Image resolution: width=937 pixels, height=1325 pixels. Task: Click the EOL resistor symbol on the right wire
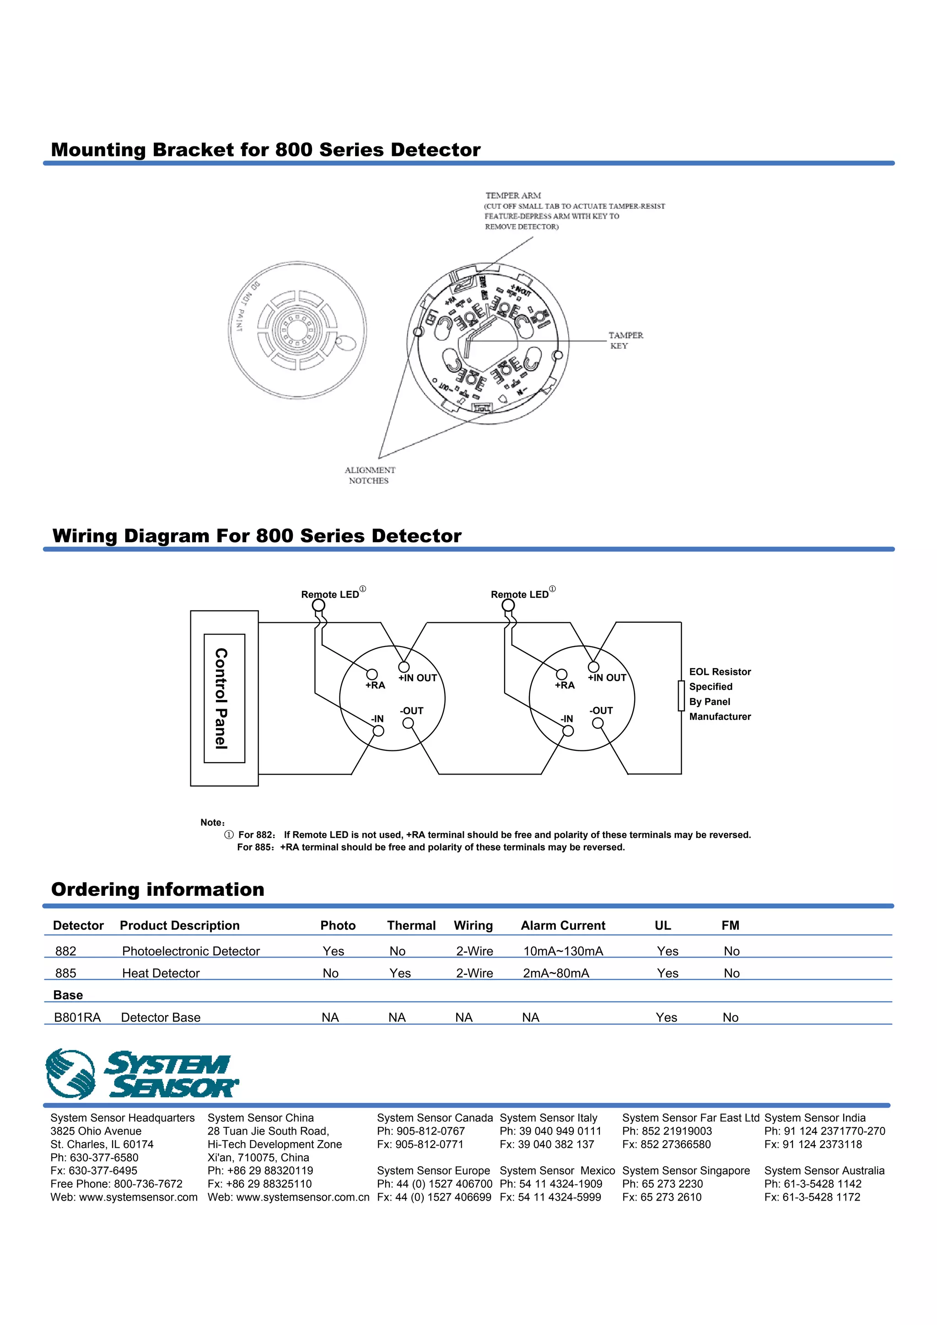[x=681, y=695]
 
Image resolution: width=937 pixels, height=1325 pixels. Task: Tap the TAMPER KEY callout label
[x=625, y=340]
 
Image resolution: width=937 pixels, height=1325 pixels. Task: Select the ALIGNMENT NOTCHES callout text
[x=369, y=475]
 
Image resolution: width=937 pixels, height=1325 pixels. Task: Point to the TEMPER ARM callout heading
[x=513, y=196]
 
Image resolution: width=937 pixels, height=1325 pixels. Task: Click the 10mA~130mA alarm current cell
[x=563, y=951]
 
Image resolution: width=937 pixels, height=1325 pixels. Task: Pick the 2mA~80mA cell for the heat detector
[x=555, y=973]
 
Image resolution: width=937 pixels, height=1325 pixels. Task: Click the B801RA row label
[x=77, y=1018]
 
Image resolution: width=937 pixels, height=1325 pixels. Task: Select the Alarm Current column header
[x=563, y=926]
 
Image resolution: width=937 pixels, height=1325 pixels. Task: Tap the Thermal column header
[x=411, y=926]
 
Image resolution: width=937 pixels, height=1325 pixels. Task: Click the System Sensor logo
[x=141, y=1074]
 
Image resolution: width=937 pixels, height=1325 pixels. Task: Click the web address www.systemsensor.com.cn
[x=302, y=1197]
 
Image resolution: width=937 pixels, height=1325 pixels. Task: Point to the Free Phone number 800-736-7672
[x=148, y=1184]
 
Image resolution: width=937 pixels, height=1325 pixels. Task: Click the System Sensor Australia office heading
[x=824, y=1170]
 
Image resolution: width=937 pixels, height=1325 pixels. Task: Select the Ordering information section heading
[x=157, y=889]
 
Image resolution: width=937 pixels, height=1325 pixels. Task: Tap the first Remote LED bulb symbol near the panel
[x=318, y=605]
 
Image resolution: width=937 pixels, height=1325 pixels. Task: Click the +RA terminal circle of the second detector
[x=561, y=674]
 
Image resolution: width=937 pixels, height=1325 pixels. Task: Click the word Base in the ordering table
[x=68, y=995]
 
